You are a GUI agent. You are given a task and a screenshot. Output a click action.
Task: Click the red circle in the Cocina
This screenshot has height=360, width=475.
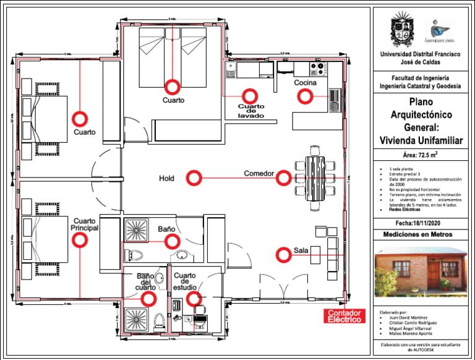click(305, 96)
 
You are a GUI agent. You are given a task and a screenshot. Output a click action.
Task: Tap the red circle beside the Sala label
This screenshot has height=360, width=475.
click(283, 254)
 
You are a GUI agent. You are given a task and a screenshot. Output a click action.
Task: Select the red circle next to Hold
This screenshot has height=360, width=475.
click(194, 178)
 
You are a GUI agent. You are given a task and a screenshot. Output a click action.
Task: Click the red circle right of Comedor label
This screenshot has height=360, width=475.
click(283, 178)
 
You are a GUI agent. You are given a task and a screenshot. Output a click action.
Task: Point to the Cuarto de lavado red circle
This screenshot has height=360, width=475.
click(249, 96)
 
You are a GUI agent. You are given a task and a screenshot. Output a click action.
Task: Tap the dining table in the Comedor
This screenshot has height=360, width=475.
click(315, 176)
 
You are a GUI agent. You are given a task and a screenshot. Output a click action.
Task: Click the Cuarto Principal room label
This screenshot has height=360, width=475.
click(85, 225)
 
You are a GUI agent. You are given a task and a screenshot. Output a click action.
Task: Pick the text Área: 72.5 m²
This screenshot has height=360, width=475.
click(420, 155)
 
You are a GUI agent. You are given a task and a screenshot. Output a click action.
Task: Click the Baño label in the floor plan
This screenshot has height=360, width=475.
click(166, 229)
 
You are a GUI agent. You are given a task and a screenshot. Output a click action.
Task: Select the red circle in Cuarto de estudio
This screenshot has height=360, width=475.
click(194, 299)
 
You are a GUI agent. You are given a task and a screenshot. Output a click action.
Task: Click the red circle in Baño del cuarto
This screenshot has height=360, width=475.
click(148, 299)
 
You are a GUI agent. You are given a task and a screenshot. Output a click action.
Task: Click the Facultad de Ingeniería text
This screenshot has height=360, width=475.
click(420, 79)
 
